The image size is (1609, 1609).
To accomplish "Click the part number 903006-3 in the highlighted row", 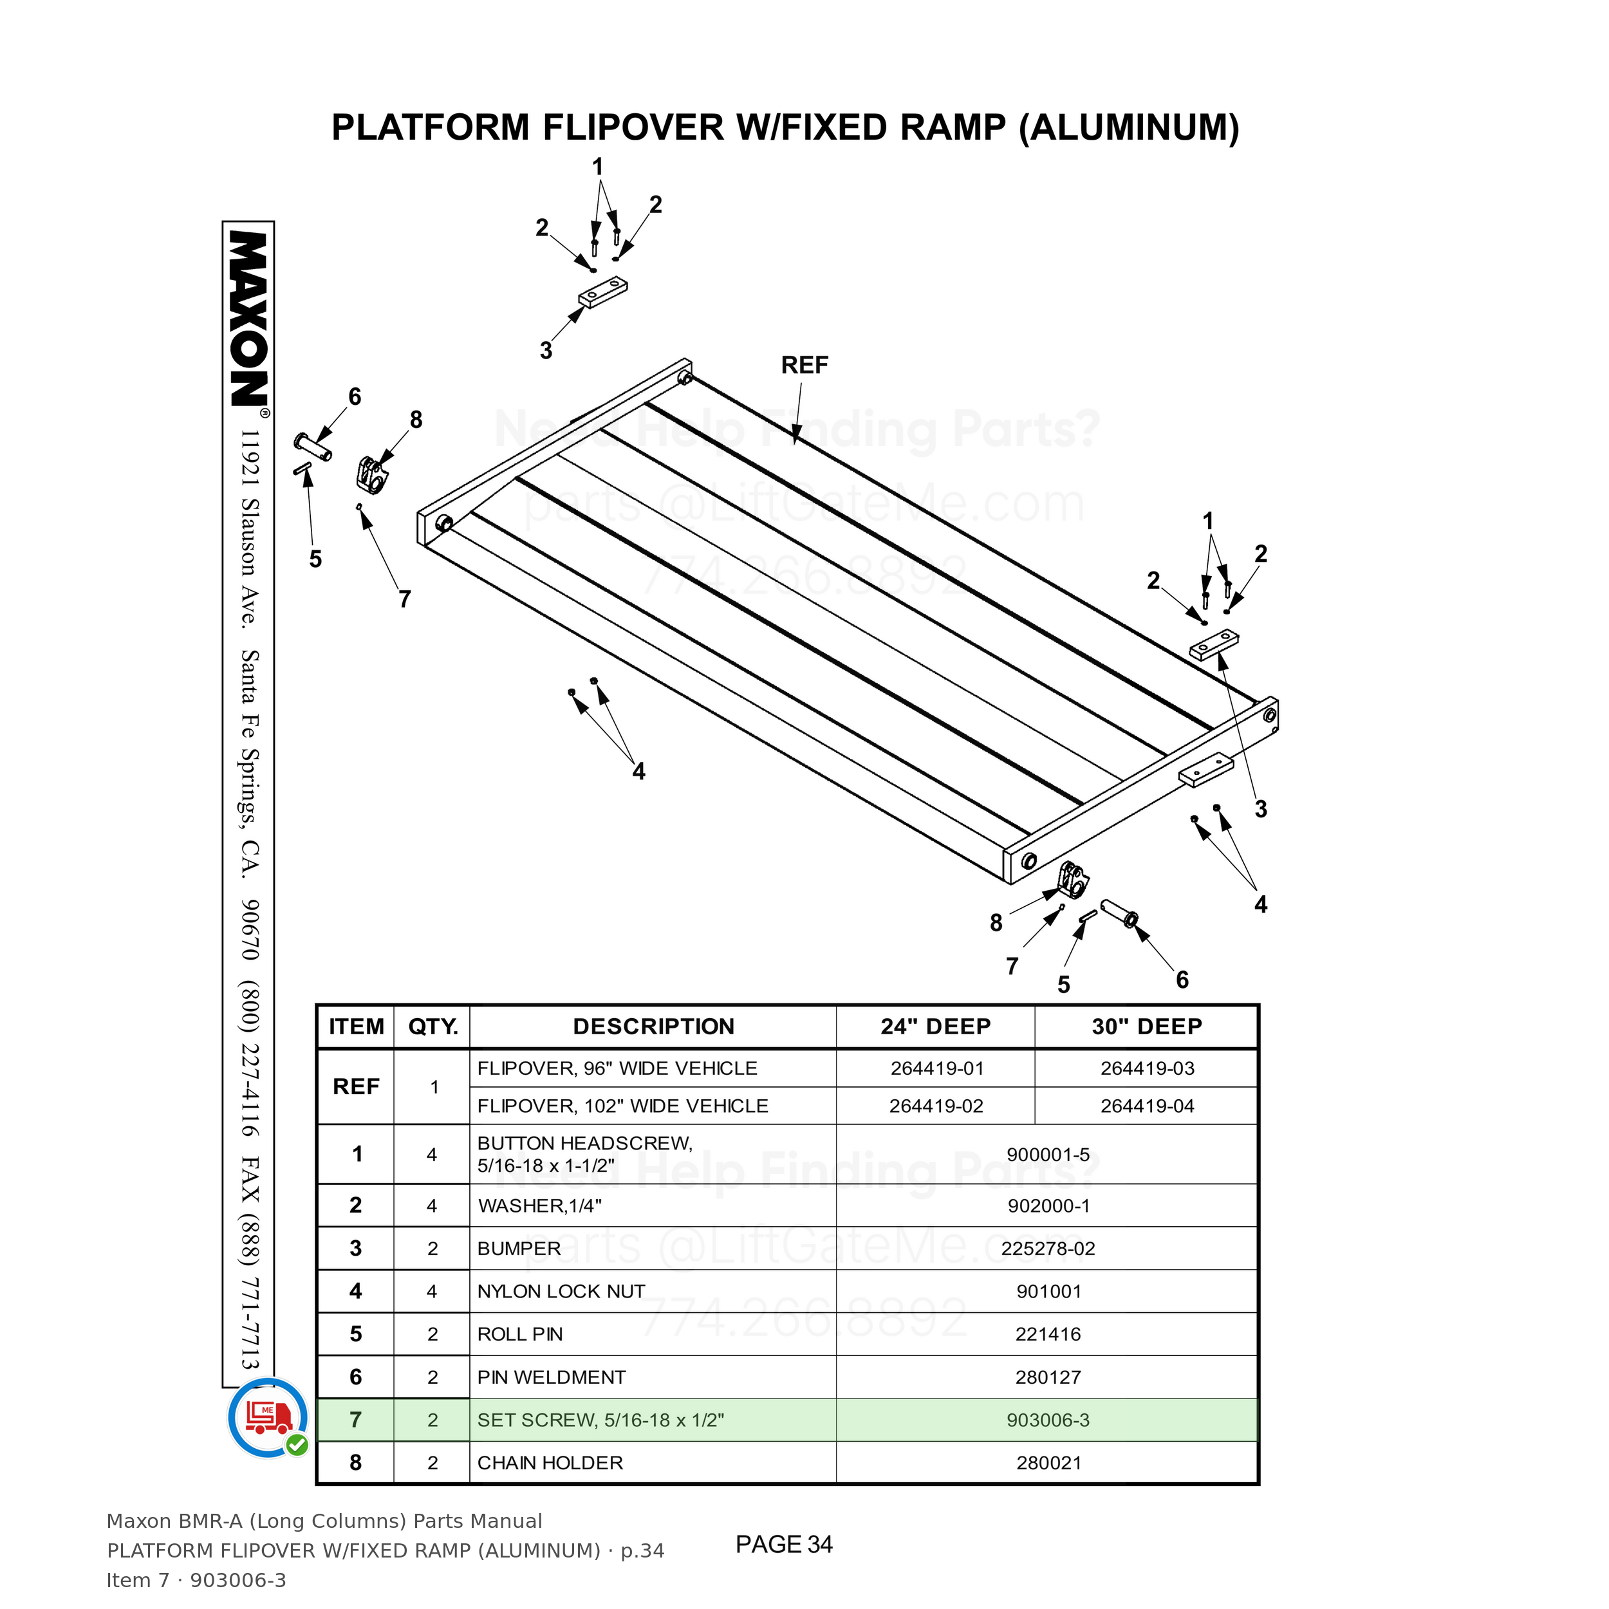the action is click(1048, 1420).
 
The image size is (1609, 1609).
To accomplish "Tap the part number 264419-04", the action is click(1147, 1106).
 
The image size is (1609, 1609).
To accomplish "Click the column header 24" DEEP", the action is click(935, 1026).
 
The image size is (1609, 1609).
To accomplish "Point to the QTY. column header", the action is click(433, 1027).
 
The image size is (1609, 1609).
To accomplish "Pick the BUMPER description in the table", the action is click(519, 1249).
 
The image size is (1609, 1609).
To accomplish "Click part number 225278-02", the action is click(1048, 1249).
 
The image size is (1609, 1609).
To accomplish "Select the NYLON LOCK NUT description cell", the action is click(561, 1291).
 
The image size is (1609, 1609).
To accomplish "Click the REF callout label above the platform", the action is click(804, 365).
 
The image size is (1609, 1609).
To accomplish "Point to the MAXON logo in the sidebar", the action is click(248, 319).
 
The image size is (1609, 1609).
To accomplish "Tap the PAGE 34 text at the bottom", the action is click(784, 1544).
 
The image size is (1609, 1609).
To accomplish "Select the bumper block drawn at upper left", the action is click(603, 292).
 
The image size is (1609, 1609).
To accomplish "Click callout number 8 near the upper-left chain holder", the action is click(416, 420).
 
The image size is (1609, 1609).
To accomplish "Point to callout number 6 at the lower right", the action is click(1182, 980).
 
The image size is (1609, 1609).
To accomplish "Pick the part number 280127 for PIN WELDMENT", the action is click(1048, 1377).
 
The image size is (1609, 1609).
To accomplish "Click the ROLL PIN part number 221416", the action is click(1048, 1334).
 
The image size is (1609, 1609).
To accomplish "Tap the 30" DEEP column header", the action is click(1147, 1026).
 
